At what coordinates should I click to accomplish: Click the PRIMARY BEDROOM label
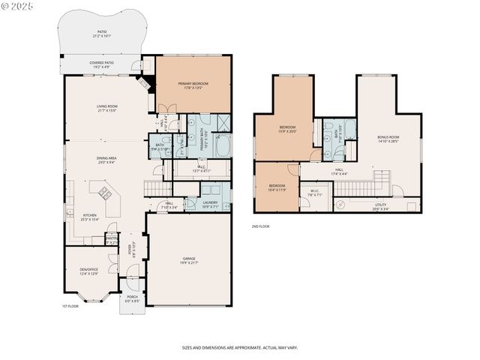[193, 84]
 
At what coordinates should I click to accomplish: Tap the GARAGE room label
[188, 260]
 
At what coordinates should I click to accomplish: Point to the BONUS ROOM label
[388, 139]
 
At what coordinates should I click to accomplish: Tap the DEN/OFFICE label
[89, 271]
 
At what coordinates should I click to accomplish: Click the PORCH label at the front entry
[132, 298]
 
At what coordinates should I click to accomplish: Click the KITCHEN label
[89, 217]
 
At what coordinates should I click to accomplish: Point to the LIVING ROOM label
[106, 108]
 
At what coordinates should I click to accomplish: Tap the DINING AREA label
[106, 159]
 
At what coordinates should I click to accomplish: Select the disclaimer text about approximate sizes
[239, 347]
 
